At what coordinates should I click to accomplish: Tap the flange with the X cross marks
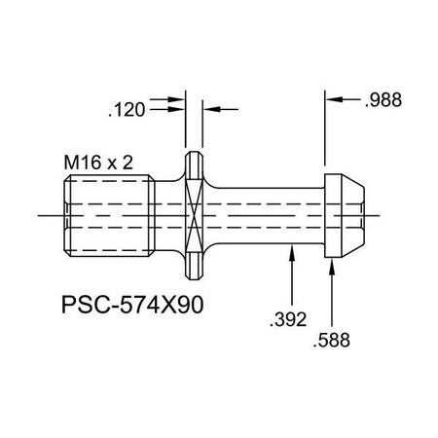(x=196, y=213)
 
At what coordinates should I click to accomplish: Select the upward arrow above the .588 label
(x=334, y=268)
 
